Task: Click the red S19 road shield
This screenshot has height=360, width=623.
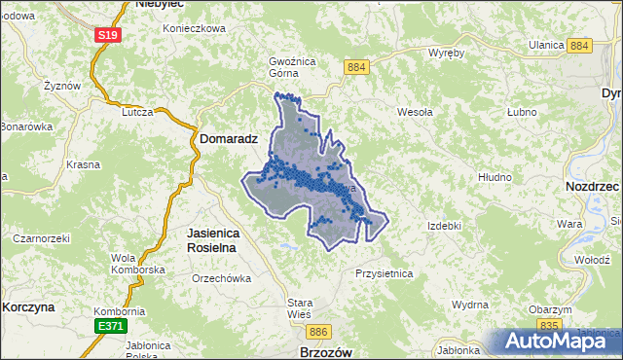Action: coord(107,36)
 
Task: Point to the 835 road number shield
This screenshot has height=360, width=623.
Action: coord(549,324)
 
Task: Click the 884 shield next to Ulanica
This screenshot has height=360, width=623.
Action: coord(581,46)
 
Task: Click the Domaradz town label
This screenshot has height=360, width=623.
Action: coord(229,139)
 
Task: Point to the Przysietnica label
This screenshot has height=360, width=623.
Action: coord(385,273)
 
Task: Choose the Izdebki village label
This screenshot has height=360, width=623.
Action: coord(444,226)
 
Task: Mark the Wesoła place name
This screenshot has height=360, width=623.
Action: coord(415,112)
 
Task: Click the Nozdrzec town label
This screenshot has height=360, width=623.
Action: coord(593,185)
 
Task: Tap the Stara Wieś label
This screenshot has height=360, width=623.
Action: coord(299,308)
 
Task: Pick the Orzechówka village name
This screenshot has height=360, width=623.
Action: coord(222,278)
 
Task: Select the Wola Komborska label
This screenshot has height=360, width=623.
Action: coord(136,263)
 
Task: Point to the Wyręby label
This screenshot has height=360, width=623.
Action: coord(447,54)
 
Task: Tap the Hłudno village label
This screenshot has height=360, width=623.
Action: coord(495,177)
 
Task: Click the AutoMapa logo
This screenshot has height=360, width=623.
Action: coord(559,342)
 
